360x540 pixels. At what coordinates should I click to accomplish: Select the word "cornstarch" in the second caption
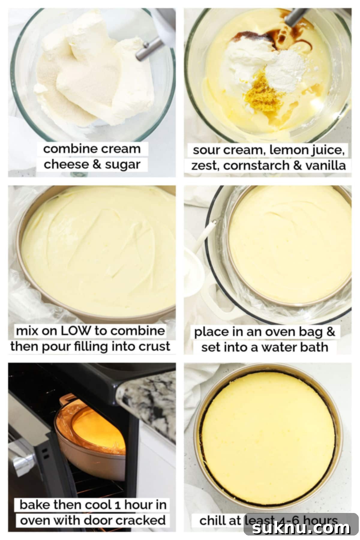point(257,166)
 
